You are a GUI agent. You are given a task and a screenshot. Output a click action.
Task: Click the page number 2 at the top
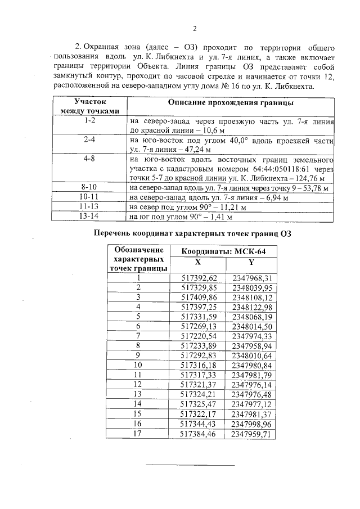pyautogui.click(x=194, y=29)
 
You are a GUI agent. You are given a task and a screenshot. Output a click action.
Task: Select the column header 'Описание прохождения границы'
pyautogui.click(x=231, y=103)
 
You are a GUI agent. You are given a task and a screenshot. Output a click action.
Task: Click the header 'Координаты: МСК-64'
pyautogui.click(x=224, y=251)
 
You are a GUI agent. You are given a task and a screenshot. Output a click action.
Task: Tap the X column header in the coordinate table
pyautogui.click(x=197, y=262)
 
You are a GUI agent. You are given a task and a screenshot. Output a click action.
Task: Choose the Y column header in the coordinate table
pyautogui.click(x=251, y=262)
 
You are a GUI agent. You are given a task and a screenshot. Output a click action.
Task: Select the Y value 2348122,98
pyautogui.click(x=251, y=307)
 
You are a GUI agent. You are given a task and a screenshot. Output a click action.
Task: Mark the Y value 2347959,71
pyautogui.click(x=251, y=434)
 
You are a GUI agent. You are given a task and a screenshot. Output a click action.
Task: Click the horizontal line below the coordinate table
pyautogui.click(x=190, y=465)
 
